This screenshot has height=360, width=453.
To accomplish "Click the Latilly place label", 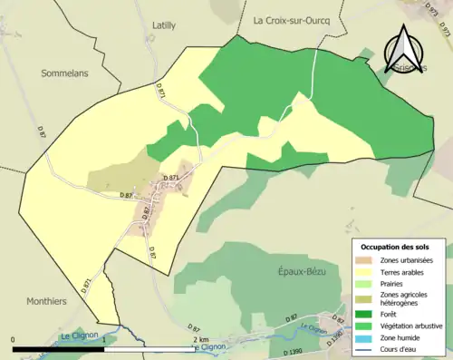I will (x=164, y=25).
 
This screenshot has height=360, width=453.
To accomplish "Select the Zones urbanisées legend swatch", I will (x=368, y=261).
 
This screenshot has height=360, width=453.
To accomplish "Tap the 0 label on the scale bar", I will (x=14, y=339).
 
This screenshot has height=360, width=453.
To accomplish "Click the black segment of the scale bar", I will (x=59, y=348).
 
